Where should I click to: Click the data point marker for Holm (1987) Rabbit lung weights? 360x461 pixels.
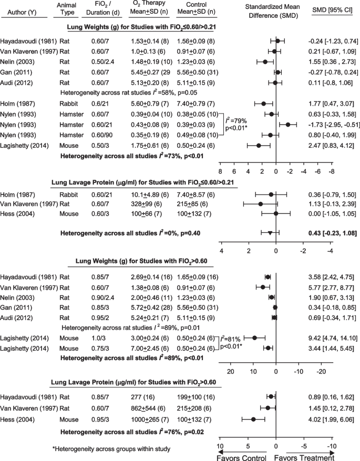tap(263, 104)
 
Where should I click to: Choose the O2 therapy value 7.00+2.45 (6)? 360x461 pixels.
tap(145, 333)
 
